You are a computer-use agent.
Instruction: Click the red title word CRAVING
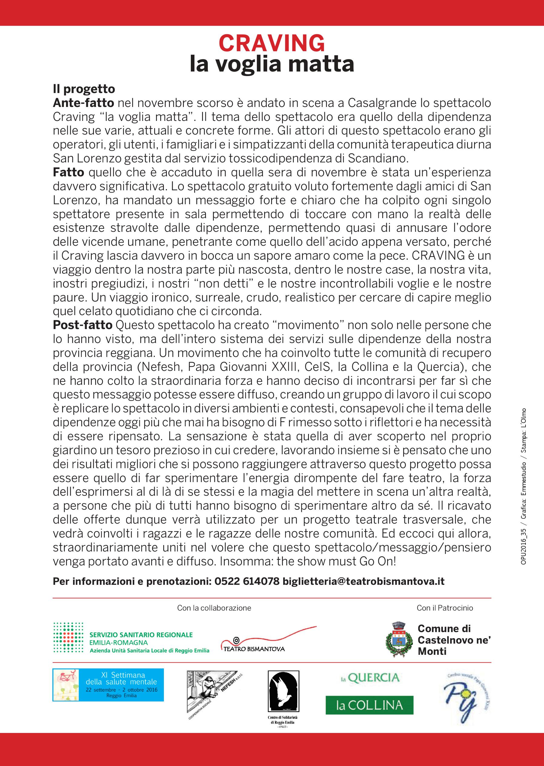click(x=272, y=44)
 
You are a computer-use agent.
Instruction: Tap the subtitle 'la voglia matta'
click(x=272, y=64)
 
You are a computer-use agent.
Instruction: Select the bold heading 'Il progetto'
click(x=84, y=89)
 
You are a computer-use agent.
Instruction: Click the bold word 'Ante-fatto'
click(x=83, y=103)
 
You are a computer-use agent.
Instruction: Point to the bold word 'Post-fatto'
click(x=82, y=325)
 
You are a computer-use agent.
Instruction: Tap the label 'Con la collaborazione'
click(x=214, y=608)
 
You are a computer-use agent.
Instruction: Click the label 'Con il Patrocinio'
click(x=445, y=608)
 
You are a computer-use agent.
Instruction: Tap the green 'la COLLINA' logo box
click(x=370, y=705)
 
